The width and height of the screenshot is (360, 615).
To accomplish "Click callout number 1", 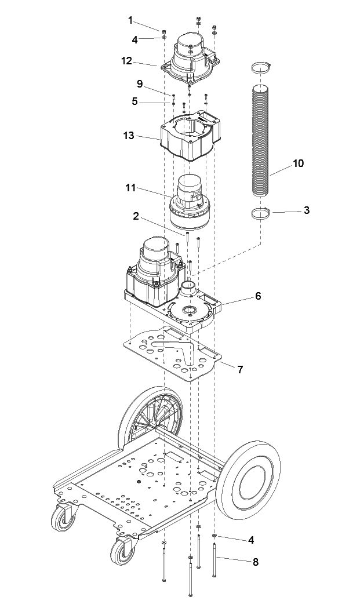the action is point(130,20).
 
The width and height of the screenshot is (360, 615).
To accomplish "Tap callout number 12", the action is point(126,61).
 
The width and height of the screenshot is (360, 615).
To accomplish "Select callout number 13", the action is point(129,136).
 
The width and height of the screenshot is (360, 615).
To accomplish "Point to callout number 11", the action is point(130,188).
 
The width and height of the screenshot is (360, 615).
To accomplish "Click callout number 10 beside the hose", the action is point(299,163).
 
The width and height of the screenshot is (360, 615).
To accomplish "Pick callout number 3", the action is point(307,210).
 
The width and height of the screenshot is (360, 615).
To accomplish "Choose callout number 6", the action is point(257,296).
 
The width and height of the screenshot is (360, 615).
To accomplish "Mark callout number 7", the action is point(240,369).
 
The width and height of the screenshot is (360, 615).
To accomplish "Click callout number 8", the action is point(255,562).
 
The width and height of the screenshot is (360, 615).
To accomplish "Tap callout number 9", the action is point(140,83).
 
